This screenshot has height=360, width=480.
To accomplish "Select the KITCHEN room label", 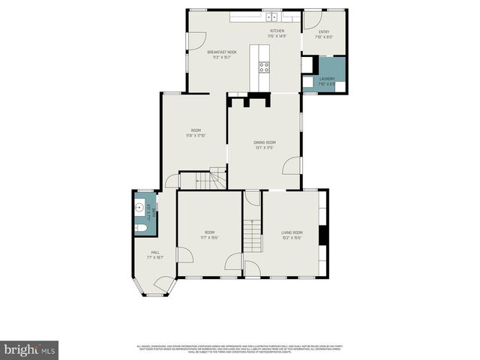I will point(277,31).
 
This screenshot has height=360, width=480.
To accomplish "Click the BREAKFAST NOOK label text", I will point(222,52).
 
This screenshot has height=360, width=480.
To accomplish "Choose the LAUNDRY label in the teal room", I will point(326,78).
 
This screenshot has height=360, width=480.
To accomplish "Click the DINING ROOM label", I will point(265,142).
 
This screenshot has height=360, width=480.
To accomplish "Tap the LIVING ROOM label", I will point(291,232).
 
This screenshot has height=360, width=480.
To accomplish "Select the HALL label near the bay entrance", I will point(155,252).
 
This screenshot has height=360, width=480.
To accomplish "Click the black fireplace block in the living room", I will point(323,236).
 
